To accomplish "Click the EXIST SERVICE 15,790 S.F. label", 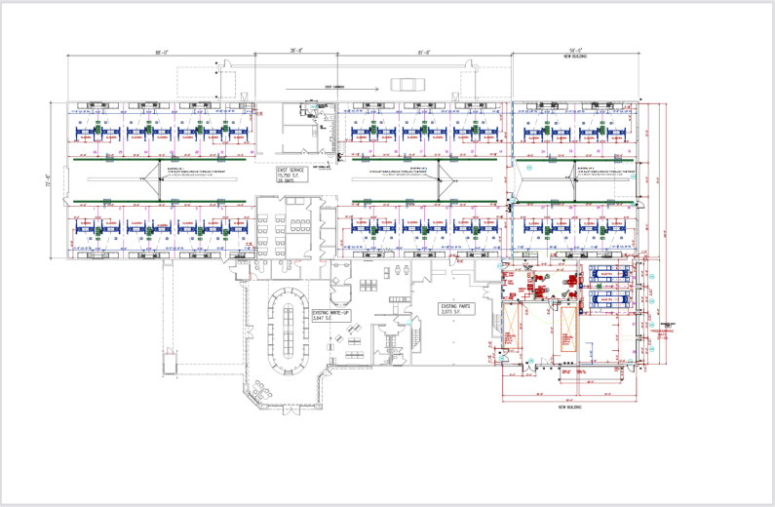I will point(291,175).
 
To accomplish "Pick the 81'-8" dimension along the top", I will point(424,52).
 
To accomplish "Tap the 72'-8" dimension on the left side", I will point(47,182).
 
